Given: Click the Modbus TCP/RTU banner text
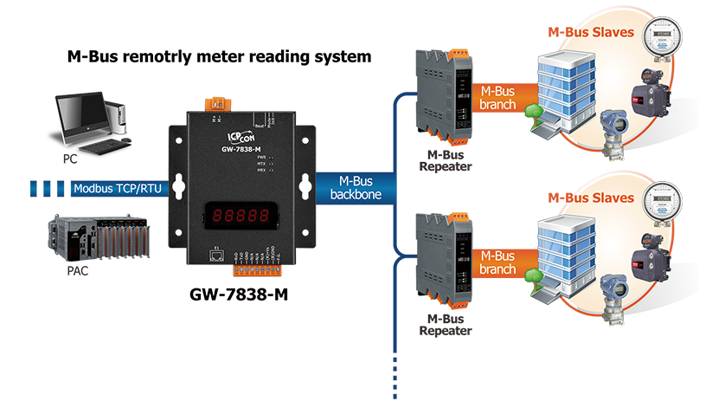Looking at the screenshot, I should pos(115,188).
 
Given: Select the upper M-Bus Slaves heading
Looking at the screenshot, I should pos(591,34).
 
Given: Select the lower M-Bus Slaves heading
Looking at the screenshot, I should pos(591,198).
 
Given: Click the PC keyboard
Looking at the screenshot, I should pos(106,148).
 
